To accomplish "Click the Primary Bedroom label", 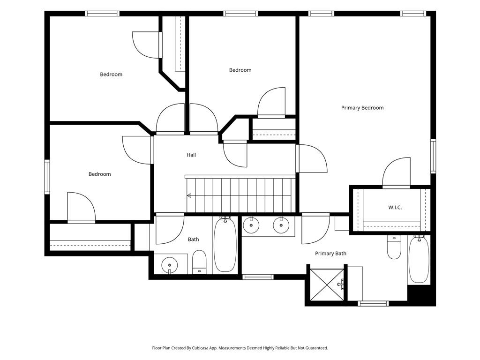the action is point(362,108).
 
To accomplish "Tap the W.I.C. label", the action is point(395,208).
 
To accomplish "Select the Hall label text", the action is point(191,155).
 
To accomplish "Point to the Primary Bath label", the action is point(330,254).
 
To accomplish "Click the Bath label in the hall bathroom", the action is point(193,240).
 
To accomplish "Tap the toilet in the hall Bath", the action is point(199,262).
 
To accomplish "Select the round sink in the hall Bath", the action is point(169,264).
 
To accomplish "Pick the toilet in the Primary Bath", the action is point(394,247).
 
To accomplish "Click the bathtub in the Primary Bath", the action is point(419,259).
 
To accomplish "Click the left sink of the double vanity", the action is point(251,225).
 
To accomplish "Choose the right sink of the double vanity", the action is point(281,225).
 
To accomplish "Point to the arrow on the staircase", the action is point(189,195).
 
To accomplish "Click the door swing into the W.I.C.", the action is point(396,172).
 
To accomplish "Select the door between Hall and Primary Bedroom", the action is point(312,158).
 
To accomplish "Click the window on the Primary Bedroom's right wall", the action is point(433,156).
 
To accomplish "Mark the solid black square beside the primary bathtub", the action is point(421,295).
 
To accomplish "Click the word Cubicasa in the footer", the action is point(202,348).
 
